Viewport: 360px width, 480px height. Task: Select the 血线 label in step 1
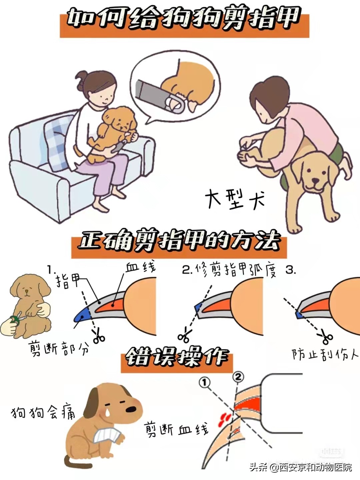click(x=140, y=267)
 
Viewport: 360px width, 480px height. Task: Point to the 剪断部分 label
click(x=59, y=349)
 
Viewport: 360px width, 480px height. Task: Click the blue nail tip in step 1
click(x=81, y=316)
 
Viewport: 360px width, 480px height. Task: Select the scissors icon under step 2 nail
click(x=185, y=335)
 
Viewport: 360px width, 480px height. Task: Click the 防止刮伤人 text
click(x=325, y=354)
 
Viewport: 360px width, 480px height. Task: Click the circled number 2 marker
click(x=238, y=377)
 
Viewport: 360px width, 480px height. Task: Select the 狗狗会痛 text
click(x=43, y=413)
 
